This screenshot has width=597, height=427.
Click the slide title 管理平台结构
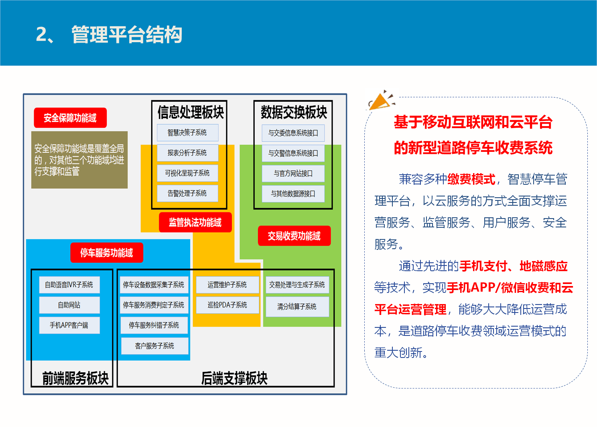click(126, 35)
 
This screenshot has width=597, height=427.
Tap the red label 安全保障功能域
click(70, 118)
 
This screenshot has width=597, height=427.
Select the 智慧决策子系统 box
click(187, 133)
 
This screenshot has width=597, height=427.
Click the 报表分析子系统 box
click(187, 153)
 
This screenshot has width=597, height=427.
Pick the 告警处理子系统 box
click(187, 193)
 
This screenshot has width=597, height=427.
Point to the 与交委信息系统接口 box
click(293, 133)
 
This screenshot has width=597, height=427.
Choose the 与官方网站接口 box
click(293, 174)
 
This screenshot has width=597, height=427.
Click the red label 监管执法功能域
click(195, 223)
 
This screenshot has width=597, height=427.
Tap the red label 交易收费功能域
click(294, 236)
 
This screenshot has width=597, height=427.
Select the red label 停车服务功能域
click(106, 253)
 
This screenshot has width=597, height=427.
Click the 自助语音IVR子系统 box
click(69, 285)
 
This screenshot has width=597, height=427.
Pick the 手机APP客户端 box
click(69, 325)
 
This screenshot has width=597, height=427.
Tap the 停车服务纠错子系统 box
click(154, 325)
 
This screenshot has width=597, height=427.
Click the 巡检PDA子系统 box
click(227, 305)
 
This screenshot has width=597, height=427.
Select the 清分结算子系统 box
click(297, 306)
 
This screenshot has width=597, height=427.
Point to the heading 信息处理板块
click(191, 112)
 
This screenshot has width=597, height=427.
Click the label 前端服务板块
click(75, 378)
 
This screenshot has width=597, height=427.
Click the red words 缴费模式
click(471, 179)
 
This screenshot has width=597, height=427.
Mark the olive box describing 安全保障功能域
click(79, 160)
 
